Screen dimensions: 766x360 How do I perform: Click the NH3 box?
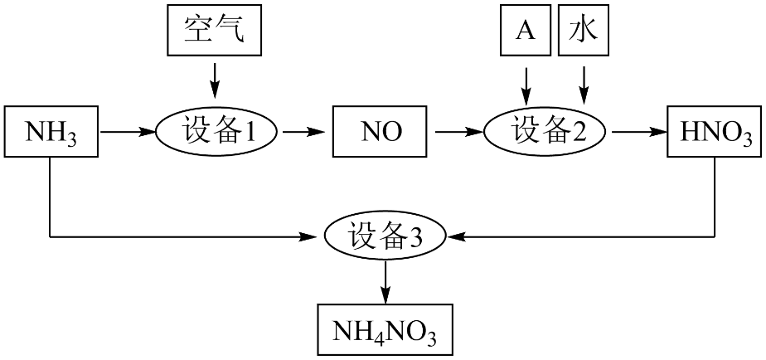click(51, 132)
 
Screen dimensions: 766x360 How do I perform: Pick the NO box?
click(381, 132)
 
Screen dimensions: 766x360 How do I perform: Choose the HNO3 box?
click(715, 132)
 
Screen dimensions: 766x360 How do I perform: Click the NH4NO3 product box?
click(385, 329)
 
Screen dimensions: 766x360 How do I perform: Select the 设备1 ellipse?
click(216, 132)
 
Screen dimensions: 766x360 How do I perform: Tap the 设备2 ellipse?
click(544, 132)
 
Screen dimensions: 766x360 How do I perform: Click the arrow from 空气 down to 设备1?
click(214, 81)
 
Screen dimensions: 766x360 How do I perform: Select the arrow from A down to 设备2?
click(526, 85)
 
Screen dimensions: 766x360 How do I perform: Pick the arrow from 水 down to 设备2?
click(584, 85)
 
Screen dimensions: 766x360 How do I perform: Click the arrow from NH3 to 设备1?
click(127, 132)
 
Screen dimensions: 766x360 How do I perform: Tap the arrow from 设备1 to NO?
click(304, 132)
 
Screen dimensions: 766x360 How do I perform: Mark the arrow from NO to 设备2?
click(458, 132)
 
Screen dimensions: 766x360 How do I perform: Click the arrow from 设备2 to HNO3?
click(639, 132)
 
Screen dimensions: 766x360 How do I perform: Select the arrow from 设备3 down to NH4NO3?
click(385, 282)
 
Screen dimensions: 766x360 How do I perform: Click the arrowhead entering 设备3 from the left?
click(316, 237)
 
